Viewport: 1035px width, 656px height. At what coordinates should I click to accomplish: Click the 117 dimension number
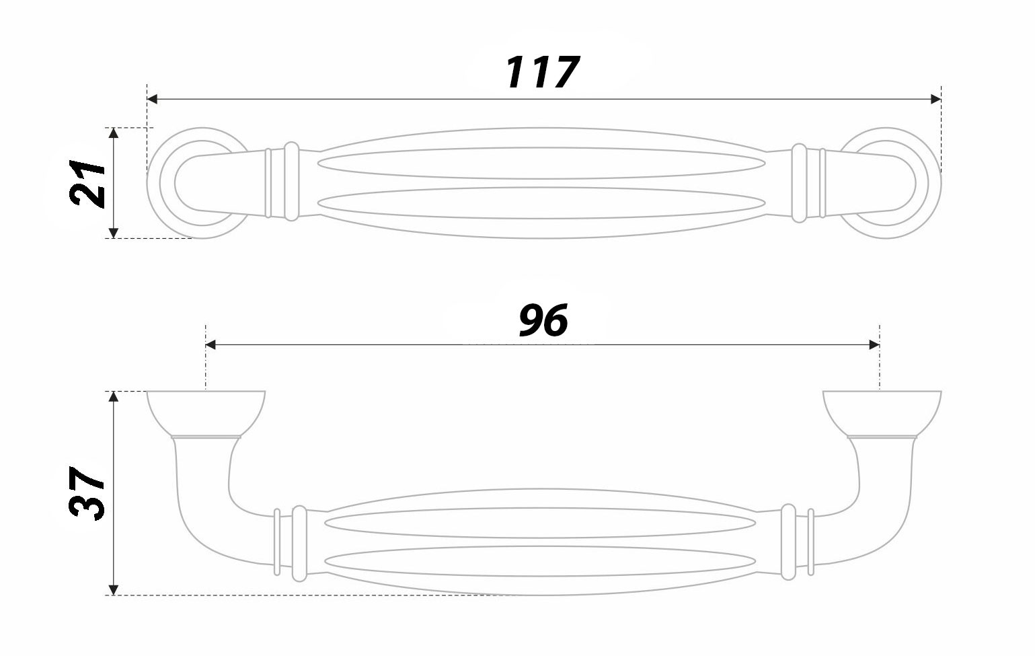(542, 72)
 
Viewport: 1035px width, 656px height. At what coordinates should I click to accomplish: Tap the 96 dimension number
(543, 320)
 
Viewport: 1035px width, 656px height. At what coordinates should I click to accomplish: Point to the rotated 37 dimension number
(87, 493)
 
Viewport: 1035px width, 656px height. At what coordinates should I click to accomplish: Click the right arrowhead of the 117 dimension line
(935, 99)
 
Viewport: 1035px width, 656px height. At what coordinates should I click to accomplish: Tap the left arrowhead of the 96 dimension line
(210, 345)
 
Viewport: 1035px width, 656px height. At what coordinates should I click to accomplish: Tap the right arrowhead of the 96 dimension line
(874, 345)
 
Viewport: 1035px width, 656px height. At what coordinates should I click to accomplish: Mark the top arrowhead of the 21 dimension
(114, 133)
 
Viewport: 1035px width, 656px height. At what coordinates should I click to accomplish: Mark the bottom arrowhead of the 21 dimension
(114, 233)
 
